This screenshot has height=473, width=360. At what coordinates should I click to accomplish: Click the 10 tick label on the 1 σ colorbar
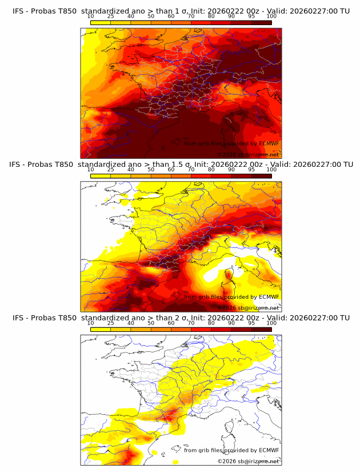[91, 16]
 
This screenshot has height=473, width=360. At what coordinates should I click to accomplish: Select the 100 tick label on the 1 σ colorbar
[271, 16]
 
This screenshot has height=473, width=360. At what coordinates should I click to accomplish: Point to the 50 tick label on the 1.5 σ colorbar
[151, 170]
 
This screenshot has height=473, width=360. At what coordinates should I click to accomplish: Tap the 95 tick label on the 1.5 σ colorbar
[251, 170]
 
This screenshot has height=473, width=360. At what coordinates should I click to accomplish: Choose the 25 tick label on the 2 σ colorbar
[111, 323]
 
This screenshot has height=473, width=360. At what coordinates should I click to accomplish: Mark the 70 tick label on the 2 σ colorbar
[191, 323]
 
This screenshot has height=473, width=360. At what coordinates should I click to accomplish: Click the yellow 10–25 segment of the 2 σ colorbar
[101, 329]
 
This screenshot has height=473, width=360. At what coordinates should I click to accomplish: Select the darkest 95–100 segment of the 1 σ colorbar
[261, 22]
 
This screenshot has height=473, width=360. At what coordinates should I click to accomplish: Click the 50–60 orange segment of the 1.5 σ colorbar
[161, 176]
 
